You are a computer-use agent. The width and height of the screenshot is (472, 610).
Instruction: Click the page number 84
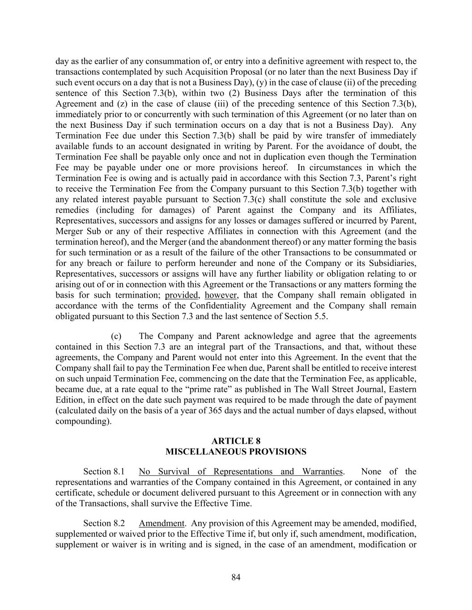click(236, 577)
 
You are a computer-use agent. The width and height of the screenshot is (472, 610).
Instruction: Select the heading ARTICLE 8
click(236, 441)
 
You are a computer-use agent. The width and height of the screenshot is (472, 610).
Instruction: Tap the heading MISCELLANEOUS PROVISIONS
click(236, 452)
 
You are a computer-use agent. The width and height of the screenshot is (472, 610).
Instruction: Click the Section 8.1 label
click(104, 471)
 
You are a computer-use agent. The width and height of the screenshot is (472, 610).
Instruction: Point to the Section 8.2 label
click(104, 523)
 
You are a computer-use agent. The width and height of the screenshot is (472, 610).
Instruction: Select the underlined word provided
click(181, 295)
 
